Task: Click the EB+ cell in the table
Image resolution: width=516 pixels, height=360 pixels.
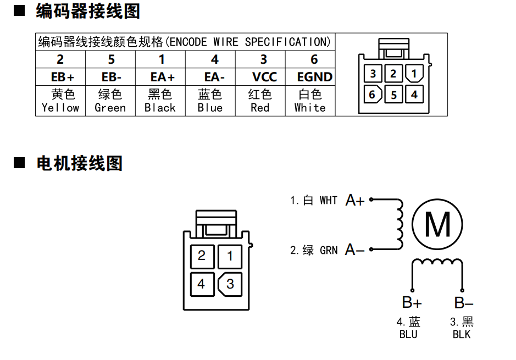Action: [x=60, y=77]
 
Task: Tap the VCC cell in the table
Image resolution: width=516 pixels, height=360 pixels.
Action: [x=264, y=77]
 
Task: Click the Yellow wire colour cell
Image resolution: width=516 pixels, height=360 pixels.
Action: [x=60, y=101]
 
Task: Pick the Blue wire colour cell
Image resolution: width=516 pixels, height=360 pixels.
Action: [x=210, y=101]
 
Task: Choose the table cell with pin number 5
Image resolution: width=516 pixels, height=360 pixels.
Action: [x=110, y=59]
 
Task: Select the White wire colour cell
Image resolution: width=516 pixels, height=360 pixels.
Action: [x=310, y=101]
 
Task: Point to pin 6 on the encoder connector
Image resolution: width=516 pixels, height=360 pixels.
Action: [x=373, y=95]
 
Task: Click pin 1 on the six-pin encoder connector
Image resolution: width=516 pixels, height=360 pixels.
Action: [x=414, y=73]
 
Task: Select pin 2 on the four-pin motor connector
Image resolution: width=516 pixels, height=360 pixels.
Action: [x=201, y=256]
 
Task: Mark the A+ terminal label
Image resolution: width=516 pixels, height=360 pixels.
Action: [x=354, y=201]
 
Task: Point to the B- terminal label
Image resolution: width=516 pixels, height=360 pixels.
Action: [x=463, y=302]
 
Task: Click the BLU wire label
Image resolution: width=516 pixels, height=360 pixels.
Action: [x=408, y=334]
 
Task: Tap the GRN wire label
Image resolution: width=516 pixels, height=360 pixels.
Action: [x=328, y=251]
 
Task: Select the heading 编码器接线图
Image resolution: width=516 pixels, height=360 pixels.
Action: [x=88, y=11]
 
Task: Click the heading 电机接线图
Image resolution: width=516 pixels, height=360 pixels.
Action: [x=79, y=163]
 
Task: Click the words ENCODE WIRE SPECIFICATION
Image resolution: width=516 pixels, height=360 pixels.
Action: [x=247, y=42]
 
